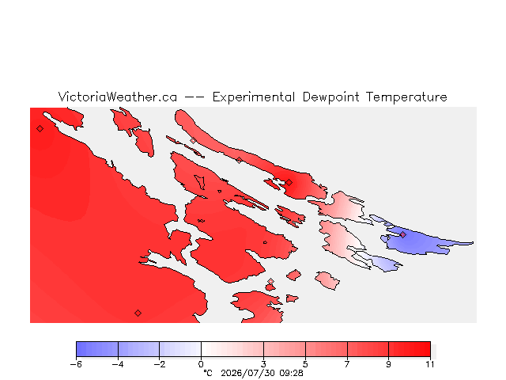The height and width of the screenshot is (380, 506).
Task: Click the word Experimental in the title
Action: [x=254, y=97]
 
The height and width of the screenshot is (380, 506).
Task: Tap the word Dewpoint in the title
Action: [x=330, y=97]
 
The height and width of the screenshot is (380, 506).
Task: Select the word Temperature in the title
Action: [x=406, y=97]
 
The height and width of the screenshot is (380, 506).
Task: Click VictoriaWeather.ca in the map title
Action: [x=118, y=97]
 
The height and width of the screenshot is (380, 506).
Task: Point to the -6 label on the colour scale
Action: [x=76, y=364]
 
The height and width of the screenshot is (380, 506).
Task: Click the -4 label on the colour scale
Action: [x=118, y=364]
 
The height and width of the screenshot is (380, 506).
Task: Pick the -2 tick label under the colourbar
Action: [x=160, y=364]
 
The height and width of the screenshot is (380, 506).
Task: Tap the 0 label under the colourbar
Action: [x=201, y=364]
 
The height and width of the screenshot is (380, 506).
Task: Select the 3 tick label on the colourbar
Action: [x=263, y=364]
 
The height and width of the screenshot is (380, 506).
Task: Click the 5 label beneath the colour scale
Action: [x=305, y=364]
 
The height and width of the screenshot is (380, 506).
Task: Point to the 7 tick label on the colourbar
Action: [x=347, y=364]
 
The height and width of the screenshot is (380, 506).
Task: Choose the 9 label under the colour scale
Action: [x=388, y=364]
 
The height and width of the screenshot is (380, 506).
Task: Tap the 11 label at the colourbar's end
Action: [x=430, y=364]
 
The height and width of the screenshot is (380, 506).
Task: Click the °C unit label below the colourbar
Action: [x=208, y=373]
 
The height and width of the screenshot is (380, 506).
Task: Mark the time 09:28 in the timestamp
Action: [x=292, y=373]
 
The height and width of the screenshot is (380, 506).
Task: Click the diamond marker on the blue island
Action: [x=402, y=234]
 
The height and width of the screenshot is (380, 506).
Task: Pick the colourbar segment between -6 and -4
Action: [x=97, y=349]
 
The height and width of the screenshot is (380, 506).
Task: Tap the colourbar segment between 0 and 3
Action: [x=232, y=349]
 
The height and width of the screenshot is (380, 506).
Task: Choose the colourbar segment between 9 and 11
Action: [x=410, y=349]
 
